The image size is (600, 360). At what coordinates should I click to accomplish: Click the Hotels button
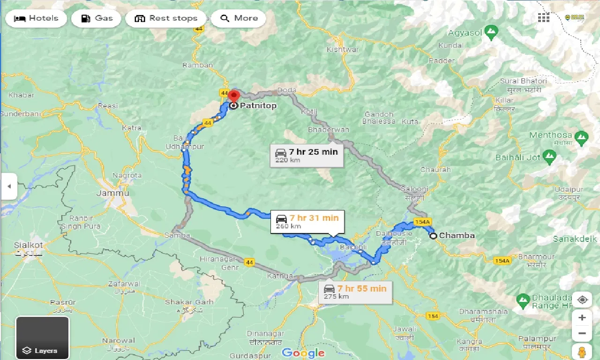pyautogui.click(x=37, y=18)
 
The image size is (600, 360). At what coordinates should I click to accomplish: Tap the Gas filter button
pyautogui.click(x=97, y=18)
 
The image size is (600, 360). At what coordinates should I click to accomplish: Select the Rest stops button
pyautogui.click(x=166, y=18)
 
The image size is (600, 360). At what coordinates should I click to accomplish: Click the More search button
pyautogui.click(x=239, y=18)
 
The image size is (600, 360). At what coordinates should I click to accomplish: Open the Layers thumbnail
pyautogui.click(x=42, y=337)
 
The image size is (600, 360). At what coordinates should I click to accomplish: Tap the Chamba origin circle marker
pyautogui.click(x=434, y=236)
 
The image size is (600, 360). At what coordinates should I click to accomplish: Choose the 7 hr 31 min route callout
pyautogui.click(x=307, y=222)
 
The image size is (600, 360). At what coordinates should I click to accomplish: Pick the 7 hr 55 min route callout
pyautogui.click(x=355, y=292)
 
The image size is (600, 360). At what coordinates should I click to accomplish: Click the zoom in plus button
pyautogui.click(x=582, y=318)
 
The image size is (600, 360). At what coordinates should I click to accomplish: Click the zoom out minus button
pyautogui.click(x=582, y=334)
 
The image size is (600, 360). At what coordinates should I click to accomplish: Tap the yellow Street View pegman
pyautogui.click(x=582, y=352)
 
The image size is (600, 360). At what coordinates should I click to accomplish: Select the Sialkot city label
pyautogui.click(x=29, y=245)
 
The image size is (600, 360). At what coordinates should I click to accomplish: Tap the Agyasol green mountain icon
pyautogui.click(x=491, y=33)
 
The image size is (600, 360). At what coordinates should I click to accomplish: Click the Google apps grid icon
pyautogui.click(x=544, y=18)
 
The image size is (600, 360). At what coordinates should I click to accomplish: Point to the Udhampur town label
pyautogui.click(x=185, y=147)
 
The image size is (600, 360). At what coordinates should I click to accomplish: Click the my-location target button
pyautogui.click(x=582, y=300)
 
